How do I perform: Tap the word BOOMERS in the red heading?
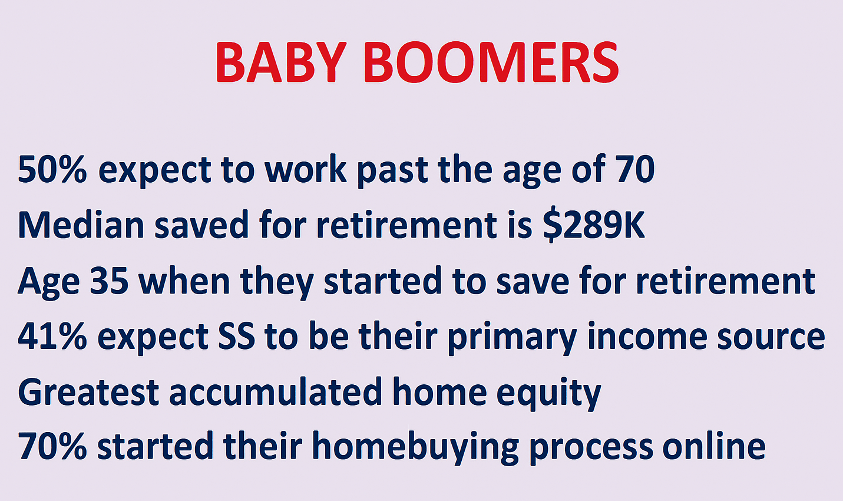pyautogui.click(x=491, y=62)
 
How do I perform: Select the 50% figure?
pyautogui.click(x=52, y=170)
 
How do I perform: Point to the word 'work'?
pyautogui.click(x=305, y=169)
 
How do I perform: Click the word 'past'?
pyautogui.click(x=392, y=172)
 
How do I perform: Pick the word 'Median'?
pyautogui.click(x=81, y=225)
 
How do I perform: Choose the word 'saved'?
pyautogui.click(x=201, y=225)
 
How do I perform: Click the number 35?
pyautogui.click(x=109, y=281)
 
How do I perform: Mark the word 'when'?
pyautogui.click(x=184, y=280)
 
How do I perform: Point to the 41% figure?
pyautogui.click(x=52, y=337)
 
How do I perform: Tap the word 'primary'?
pyautogui.click(x=513, y=338)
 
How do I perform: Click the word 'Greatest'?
pyautogui.click(x=88, y=392)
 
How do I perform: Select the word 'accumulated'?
pyautogui.click(x=276, y=391)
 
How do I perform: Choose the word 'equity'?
pyautogui.click(x=548, y=394)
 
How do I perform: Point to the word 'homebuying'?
pyautogui.click(x=416, y=448)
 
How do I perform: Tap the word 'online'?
pyautogui.click(x=714, y=446)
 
